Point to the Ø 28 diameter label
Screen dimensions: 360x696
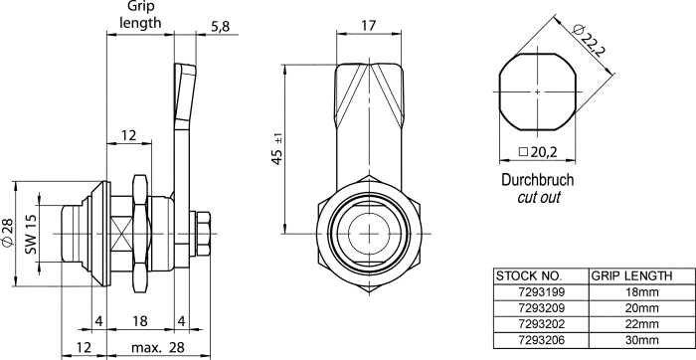click(8, 235)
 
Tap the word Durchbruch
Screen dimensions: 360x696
click(536, 181)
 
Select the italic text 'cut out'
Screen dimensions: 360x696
click(536, 198)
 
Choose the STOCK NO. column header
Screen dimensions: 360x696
click(529, 275)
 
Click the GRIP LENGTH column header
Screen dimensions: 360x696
click(631, 275)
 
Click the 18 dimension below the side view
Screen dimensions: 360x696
click(139, 321)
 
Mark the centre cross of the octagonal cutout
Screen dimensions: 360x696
click(537, 92)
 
